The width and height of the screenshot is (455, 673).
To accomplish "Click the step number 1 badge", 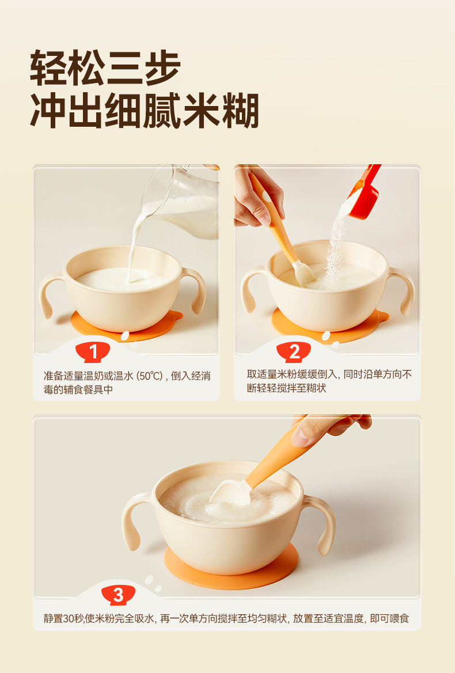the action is click(93, 353).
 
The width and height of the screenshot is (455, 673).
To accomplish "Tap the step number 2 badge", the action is click(294, 353).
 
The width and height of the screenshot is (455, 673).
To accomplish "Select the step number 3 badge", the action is click(119, 595).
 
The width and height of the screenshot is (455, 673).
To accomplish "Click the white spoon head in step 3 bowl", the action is click(231, 493).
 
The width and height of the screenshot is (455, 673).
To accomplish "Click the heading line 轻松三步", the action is click(105, 68).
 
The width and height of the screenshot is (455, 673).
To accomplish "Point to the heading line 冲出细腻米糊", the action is click(144, 111).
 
